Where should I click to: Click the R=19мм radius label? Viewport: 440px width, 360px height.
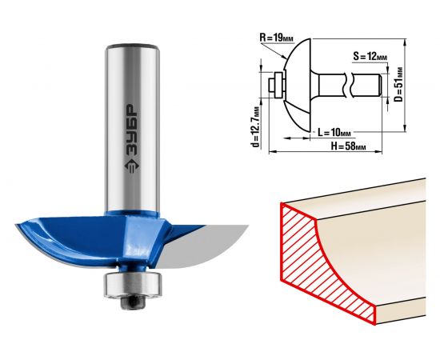click(277, 38)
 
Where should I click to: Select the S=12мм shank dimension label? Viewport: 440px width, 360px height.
click(370, 56)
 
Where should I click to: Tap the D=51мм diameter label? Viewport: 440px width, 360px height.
click(398, 85)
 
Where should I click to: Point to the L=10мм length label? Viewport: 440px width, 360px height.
click(334, 132)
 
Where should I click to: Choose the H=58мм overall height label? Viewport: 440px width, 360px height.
click(349, 146)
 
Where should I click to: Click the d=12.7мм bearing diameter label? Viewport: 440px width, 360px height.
click(256, 126)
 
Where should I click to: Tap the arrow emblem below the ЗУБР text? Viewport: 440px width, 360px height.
click(132, 166)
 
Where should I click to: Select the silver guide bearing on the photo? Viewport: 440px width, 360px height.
click(133, 285)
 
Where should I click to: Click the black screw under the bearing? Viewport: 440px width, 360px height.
click(133, 302)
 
